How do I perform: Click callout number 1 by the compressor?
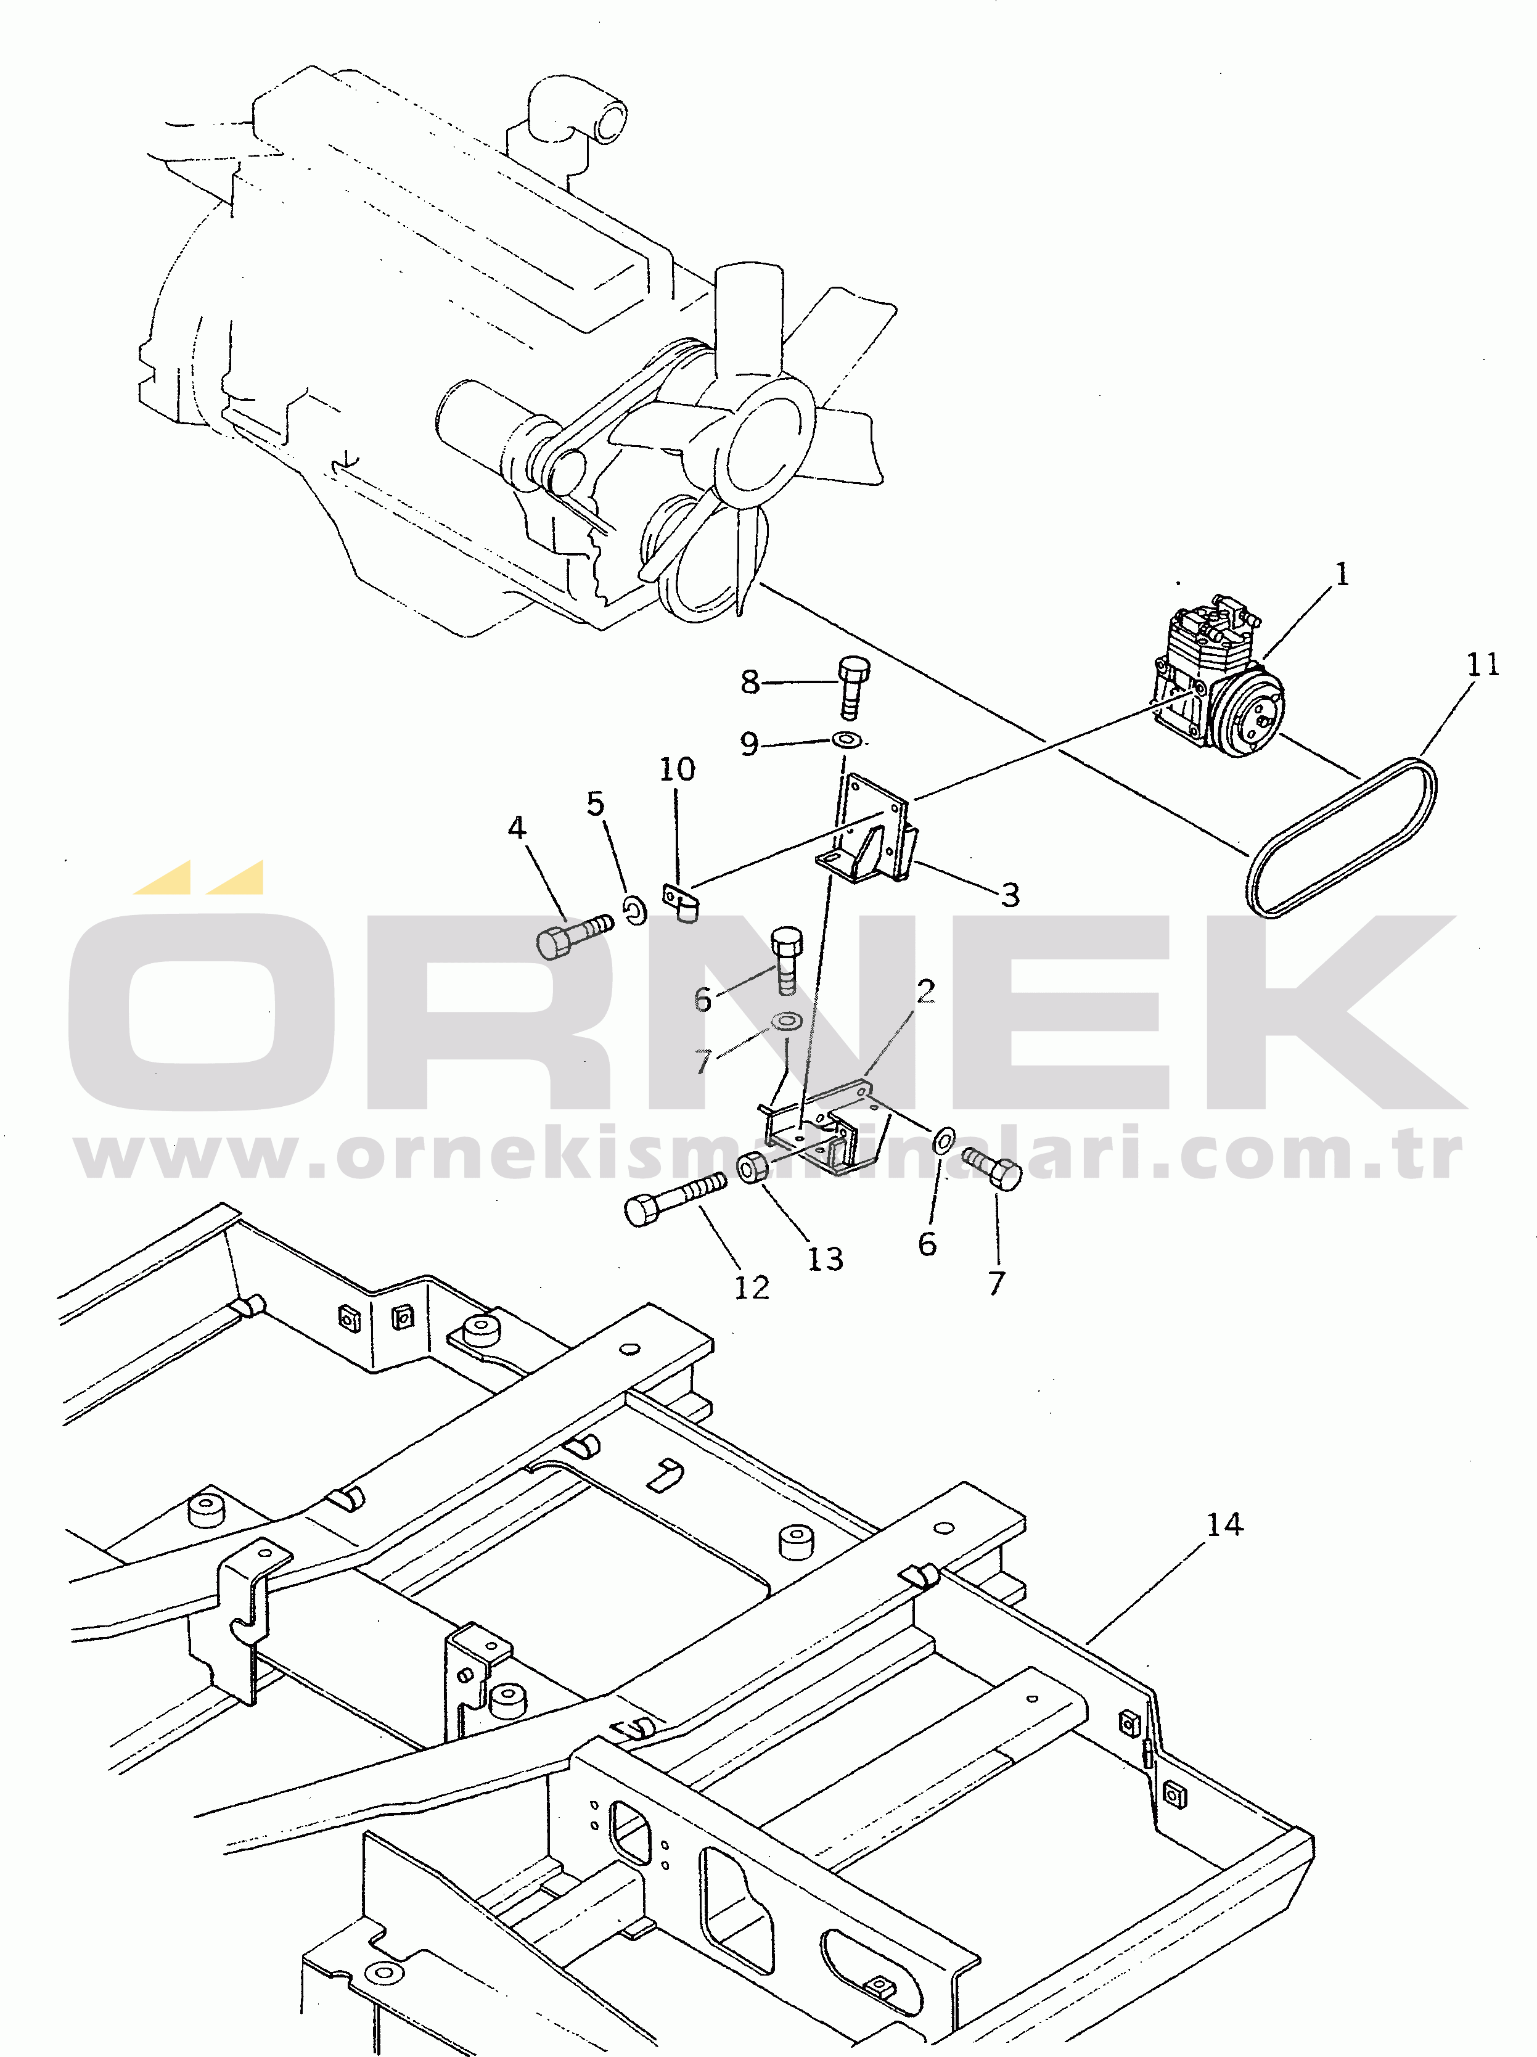coord(1341,574)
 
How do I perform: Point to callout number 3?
coord(1010,895)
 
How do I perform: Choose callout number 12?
coord(752,1288)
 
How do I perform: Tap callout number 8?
coord(750,681)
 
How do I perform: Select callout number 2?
coord(925,992)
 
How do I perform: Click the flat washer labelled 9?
coord(846,740)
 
